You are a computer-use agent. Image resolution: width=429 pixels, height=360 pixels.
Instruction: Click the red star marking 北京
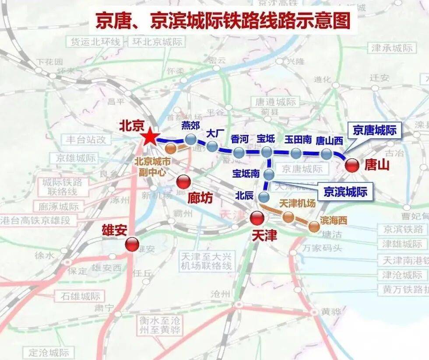click(x=149, y=137)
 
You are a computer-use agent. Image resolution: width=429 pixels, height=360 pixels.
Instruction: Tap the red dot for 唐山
click(x=352, y=165)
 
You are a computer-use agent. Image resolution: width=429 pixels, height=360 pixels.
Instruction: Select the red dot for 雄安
click(x=131, y=245)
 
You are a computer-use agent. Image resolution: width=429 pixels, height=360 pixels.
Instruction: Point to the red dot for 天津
click(x=257, y=218)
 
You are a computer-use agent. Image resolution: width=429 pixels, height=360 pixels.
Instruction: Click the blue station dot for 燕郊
click(x=191, y=140)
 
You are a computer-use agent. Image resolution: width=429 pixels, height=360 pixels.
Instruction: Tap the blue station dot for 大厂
click(x=212, y=146)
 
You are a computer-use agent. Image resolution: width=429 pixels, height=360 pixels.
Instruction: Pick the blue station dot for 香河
click(x=239, y=152)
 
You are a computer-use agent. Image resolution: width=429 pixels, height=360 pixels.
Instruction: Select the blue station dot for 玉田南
click(x=296, y=153)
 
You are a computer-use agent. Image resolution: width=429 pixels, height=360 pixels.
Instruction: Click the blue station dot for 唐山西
click(x=326, y=154)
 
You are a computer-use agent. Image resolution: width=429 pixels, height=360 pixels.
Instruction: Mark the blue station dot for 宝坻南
click(x=269, y=175)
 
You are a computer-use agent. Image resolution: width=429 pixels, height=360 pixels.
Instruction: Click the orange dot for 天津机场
click(x=288, y=216)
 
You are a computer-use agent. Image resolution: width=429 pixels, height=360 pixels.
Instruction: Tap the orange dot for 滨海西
click(x=314, y=226)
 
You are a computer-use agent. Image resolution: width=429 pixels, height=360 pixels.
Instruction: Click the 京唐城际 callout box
click(x=374, y=130)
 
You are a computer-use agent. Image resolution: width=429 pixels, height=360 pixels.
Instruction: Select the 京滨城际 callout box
click(x=345, y=192)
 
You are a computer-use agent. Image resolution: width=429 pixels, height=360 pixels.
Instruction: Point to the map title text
click(x=223, y=21)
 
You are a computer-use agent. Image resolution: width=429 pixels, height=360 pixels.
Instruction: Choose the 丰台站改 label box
click(x=87, y=140)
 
